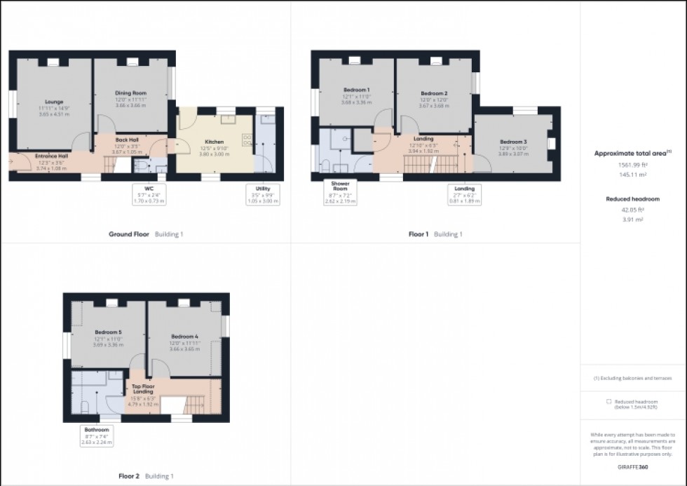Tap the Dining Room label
tap(130, 93)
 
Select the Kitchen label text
tap(215, 142)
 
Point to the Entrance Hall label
tap(51, 156)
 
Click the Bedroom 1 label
tap(357, 89)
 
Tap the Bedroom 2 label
tap(434, 93)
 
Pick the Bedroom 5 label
tap(109, 333)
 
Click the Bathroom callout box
tap(97, 436)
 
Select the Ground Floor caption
tap(129, 234)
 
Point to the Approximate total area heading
tap(631, 152)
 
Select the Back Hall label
tap(127, 139)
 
